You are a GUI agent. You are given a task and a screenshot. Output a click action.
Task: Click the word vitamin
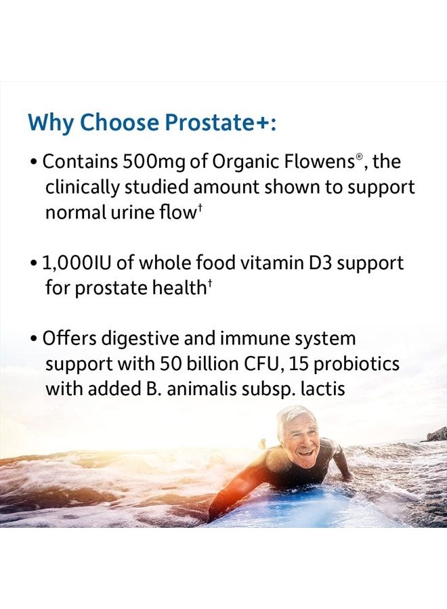click(261, 263)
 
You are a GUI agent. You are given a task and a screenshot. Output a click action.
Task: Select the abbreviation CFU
click(257, 364)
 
